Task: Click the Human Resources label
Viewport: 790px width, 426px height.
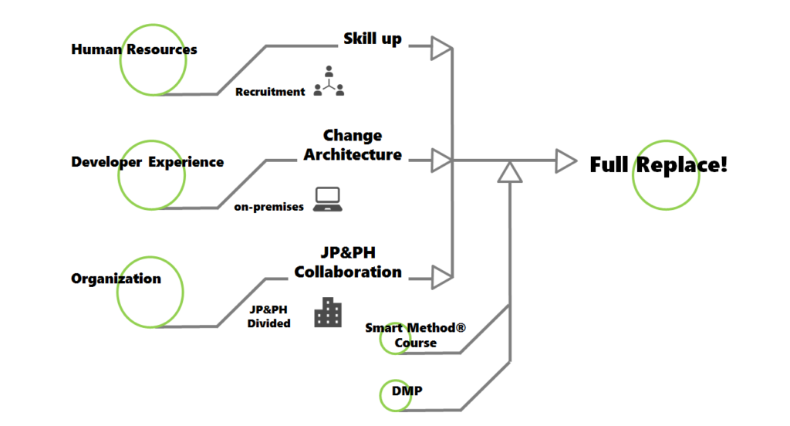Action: tap(134, 49)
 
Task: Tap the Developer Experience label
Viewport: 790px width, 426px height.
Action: tap(147, 162)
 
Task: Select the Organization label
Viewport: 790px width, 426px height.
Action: tap(116, 279)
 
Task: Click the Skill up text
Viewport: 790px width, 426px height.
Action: tap(373, 39)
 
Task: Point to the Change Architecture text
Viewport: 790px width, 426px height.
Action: tap(353, 145)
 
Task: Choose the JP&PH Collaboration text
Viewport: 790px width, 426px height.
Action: tap(348, 262)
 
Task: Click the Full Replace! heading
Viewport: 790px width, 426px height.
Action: tap(658, 164)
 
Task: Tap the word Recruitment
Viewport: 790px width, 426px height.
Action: tap(270, 92)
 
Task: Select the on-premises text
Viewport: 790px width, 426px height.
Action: tap(269, 207)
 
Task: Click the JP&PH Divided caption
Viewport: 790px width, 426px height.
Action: tap(268, 316)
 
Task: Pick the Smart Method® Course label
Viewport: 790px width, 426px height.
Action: tap(416, 335)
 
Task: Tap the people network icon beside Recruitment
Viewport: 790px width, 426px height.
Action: tap(329, 81)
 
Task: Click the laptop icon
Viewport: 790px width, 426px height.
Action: tap(329, 198)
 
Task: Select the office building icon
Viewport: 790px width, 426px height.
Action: tap(328, 312)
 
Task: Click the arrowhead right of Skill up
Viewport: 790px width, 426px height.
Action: tap(441, 49)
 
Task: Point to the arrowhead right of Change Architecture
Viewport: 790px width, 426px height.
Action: tap(441, 161)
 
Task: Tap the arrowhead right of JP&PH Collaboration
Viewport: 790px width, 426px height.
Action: tap(441, 276)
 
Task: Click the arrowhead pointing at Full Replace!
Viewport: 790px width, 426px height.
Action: tap(566, 161)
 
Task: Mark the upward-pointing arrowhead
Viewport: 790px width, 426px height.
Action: tap(509, 172)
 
